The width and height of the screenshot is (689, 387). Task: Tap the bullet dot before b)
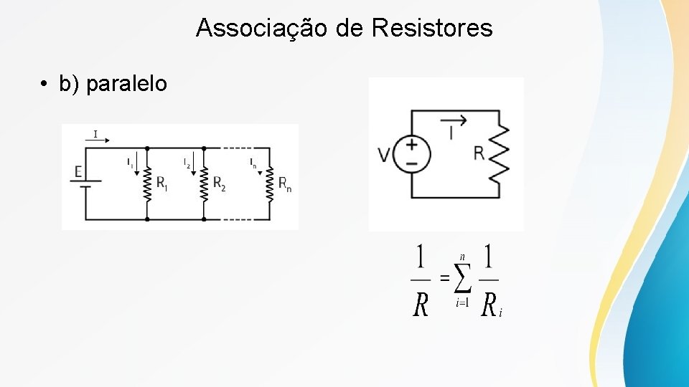(x=44, y=85)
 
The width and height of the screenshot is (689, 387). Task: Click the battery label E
(x=78, y=172)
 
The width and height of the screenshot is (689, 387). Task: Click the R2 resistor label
(x=219, y=183)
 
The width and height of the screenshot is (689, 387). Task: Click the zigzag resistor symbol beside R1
(x=146, y=183)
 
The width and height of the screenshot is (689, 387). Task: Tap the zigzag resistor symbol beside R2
(x=204, y=183)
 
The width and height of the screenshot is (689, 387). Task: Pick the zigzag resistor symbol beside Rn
(x=270, y=183)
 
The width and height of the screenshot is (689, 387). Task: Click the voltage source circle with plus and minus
(x=412, y=154)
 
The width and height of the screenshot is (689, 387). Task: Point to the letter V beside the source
(x=384, y=155)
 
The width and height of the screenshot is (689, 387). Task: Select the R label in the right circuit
(x=479, y=153)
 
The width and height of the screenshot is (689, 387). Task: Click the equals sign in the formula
(x=444, y=278)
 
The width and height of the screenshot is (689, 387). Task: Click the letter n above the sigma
(x=462, y=257)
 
